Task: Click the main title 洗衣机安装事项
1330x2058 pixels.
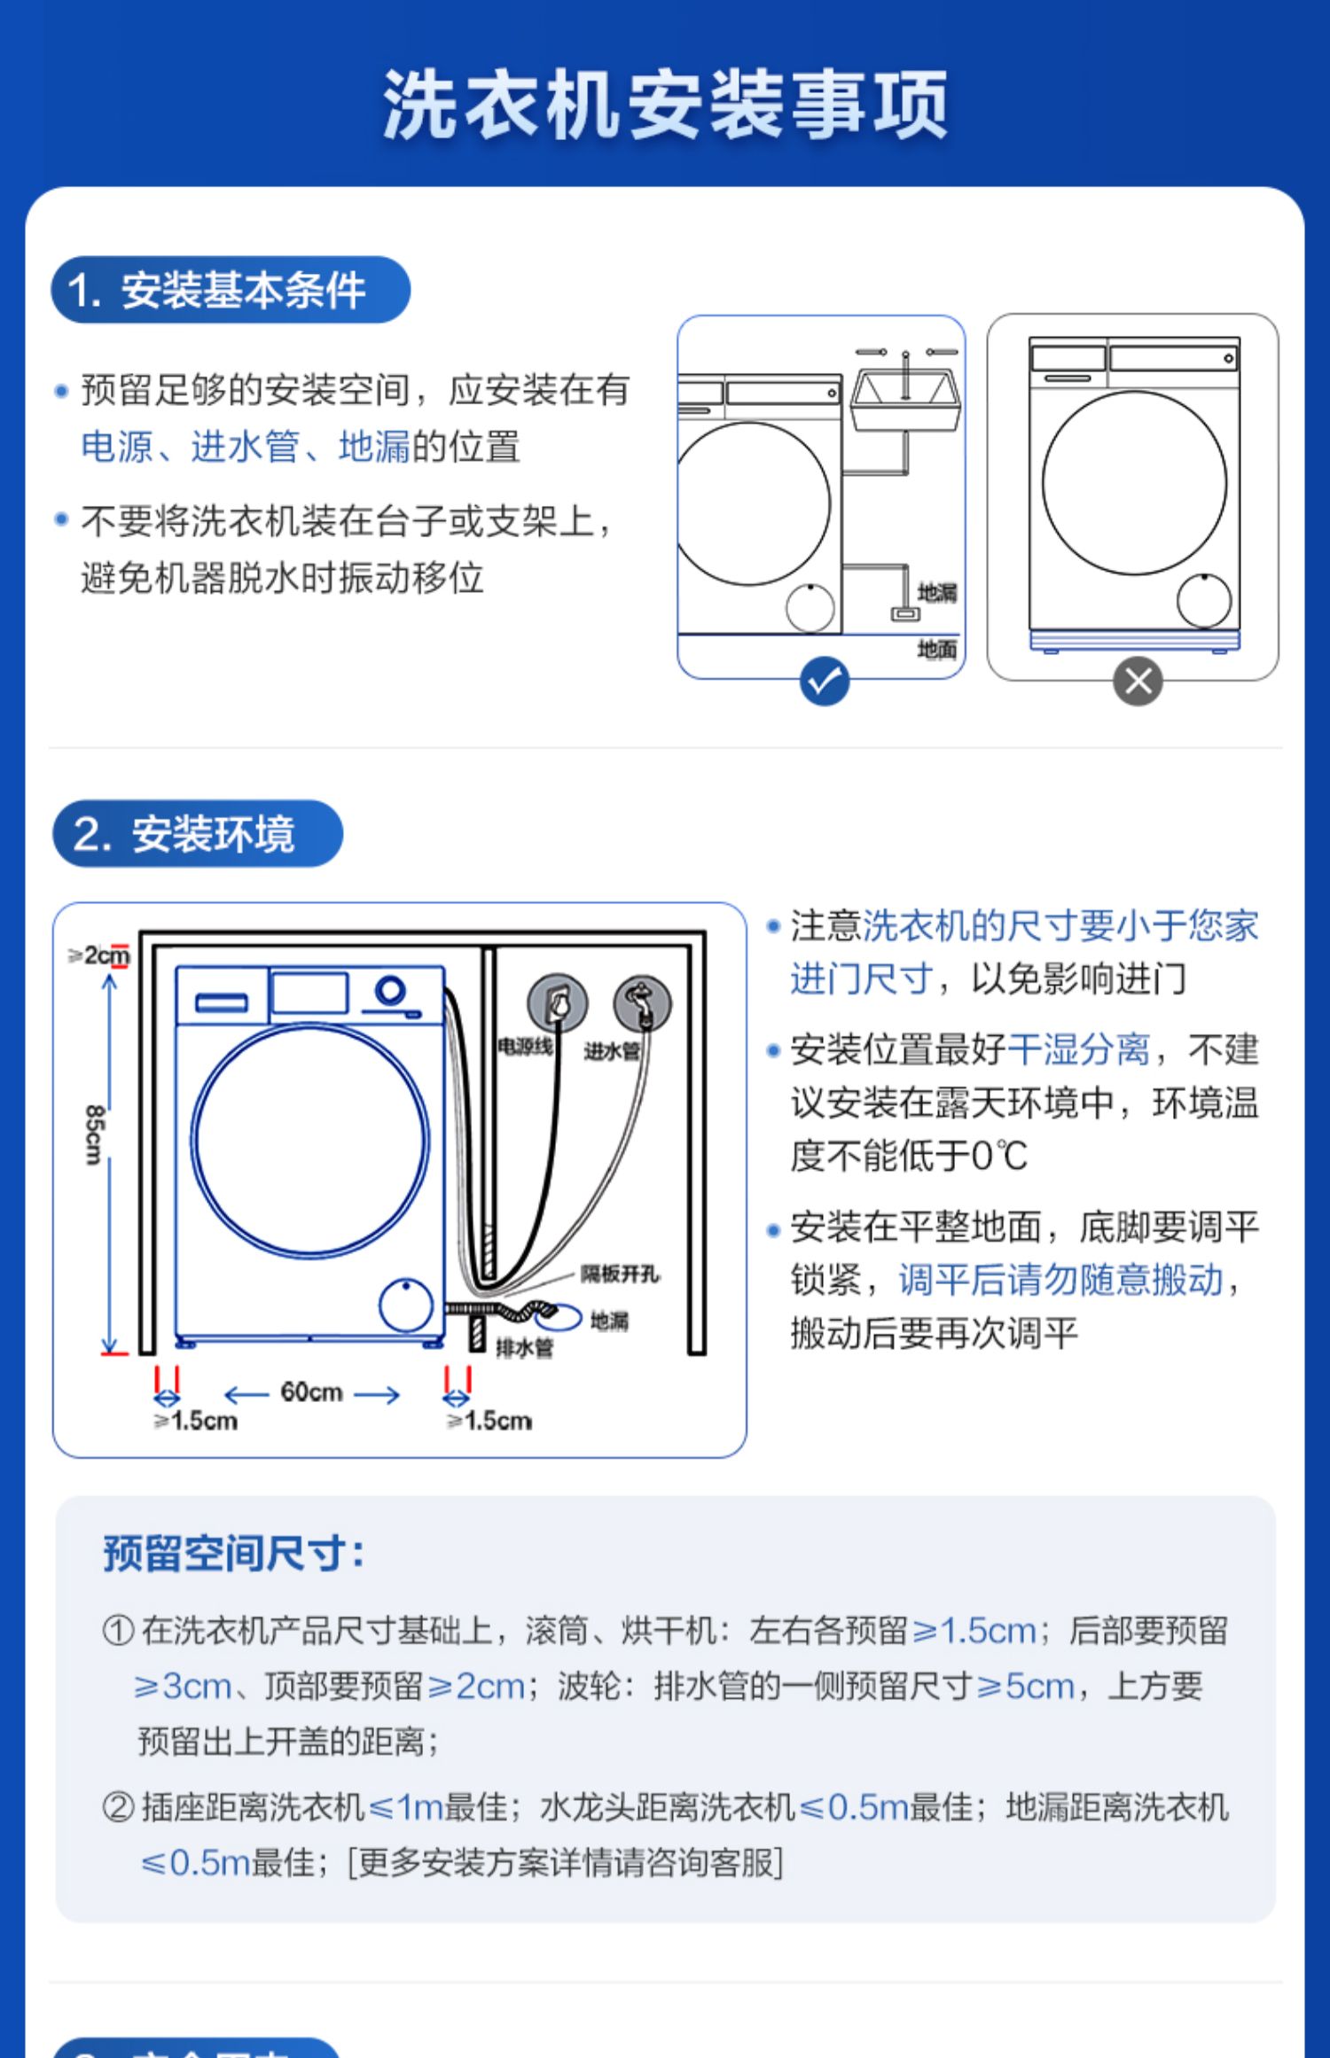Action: point(665,105)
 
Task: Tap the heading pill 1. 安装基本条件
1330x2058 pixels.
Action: point(230,290)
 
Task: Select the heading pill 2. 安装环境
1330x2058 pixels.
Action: point(197,834)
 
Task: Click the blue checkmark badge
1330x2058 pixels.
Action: point(825,681)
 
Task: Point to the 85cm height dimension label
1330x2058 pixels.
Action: point(94,1134)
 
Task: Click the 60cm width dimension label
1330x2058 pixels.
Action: point(311,1392)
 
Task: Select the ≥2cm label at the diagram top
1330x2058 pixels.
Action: point(99,955)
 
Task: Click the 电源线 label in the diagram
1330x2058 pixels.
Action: point(525,1048)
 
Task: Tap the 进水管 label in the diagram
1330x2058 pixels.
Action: point(612,1051)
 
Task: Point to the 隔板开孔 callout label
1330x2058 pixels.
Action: point(620,1274)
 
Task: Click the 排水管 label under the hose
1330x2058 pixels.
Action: point(524,1348)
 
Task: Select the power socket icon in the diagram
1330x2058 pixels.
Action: point(558,1003)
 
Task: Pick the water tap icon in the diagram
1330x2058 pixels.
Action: point(642,1003)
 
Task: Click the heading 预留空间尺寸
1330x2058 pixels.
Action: point(233,1553)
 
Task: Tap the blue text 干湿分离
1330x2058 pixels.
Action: point(1078,1050)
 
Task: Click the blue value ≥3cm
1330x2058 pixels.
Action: point(183,1686)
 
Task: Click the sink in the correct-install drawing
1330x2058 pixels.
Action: point(904,399)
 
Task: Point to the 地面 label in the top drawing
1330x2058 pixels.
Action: point(936,650)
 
